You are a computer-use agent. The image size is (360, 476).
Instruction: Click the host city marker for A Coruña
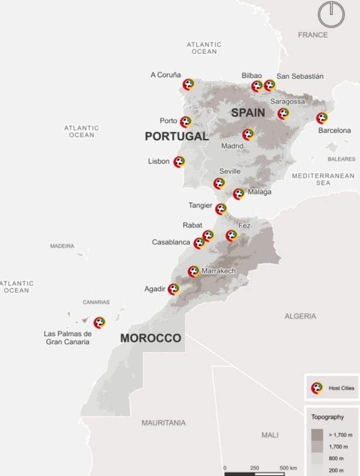(188, 84)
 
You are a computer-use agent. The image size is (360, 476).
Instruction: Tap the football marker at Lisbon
(179, 162)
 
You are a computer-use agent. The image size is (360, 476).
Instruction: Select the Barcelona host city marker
(322, 118)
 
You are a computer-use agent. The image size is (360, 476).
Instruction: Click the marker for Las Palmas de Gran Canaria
(99, 323)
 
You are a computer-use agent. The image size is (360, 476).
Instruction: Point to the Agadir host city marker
(173, 289)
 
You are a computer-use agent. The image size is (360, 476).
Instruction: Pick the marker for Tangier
(221, 209)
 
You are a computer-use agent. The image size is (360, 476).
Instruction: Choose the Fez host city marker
(231, 235)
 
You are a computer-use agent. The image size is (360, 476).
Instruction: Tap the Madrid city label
(232, 146)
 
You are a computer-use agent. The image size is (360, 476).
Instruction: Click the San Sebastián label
(300, 76)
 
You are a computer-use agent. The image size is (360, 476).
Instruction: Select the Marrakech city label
(218, 271)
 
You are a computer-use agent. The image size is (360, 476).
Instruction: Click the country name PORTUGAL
(176, 136)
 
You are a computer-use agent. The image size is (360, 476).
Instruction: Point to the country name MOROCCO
(150, 338)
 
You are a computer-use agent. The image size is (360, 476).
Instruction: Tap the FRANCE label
(313, 35)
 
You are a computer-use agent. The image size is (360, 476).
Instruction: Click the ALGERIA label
(300, 316)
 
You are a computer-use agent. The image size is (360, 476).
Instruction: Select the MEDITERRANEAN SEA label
(323, 179)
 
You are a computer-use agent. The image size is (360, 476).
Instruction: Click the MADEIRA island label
(62, 246)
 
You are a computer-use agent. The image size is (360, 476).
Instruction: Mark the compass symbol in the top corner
(331, 14)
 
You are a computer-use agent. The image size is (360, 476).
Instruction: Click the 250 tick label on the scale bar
(254, 468)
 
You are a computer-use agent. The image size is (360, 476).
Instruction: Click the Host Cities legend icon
(317, 388)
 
